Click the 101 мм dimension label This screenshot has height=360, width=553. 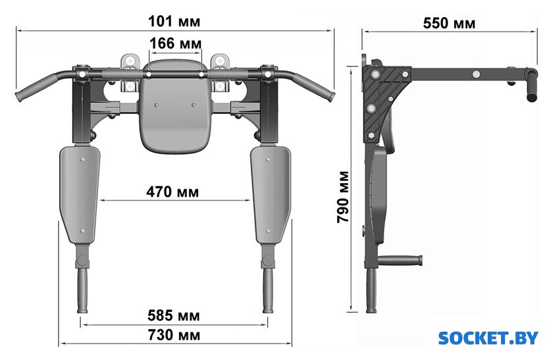[x=174, y=21]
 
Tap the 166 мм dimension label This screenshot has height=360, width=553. [x=175, y=43]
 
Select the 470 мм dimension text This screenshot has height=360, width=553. [x=172, y=192]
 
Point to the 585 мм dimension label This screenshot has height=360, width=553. [x=174, y=315]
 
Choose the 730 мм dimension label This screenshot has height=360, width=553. [x=174, y=335]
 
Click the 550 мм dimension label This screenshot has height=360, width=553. [x=449, y=23]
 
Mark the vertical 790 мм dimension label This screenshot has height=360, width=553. [x=343, y=197]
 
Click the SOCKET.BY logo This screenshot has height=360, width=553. [x=488, y=338]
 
